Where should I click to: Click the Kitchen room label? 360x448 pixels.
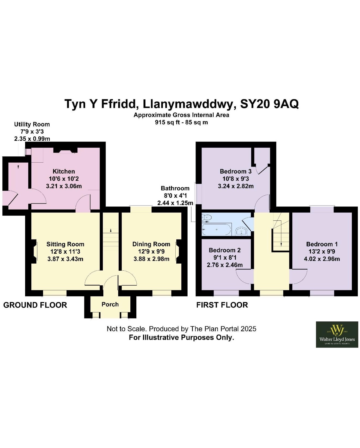pyautogui.click(x=64, y=171)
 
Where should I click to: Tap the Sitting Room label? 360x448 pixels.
pyautogui.click(x=65, y=244)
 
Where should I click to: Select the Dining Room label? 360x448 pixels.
pyautogui.click(x=151, y=244)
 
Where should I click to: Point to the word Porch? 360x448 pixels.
pyautogui.click(x=110, y=304)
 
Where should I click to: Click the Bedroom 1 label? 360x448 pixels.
pyautogui.click(x=322, y=244)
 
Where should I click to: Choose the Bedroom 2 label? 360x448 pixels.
pyautogui.click(x=225, y=250)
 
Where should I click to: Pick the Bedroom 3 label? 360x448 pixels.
pyautogui.click(x=236, y=171)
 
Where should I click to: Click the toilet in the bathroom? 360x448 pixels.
pyautogui.click(x=207, y=217)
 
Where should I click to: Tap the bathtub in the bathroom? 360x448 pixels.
pyautogui.click(x=217, y=229)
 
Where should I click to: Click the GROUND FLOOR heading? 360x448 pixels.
pyautogui.click(x=35, y=305)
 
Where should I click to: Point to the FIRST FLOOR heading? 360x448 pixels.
pyautogui.click(x=222, y=305)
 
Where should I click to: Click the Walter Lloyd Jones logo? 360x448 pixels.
pyautogui.click(x=337, y=335)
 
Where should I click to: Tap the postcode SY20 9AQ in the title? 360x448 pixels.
pyautogui.click(x=269, y=104)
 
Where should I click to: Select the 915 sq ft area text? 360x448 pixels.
pyautogui.click(x=167, y=123)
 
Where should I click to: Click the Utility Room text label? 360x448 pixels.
pyautogui.click(x=32, y=124)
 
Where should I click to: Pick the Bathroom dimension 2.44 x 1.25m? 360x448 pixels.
pyautogui.click(x=175, y=203)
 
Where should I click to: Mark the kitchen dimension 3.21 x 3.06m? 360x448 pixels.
pyautogui.click(x=64, y=186)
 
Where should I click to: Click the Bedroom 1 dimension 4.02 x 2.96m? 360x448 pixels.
pyautogui.click(x=322, y=259)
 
